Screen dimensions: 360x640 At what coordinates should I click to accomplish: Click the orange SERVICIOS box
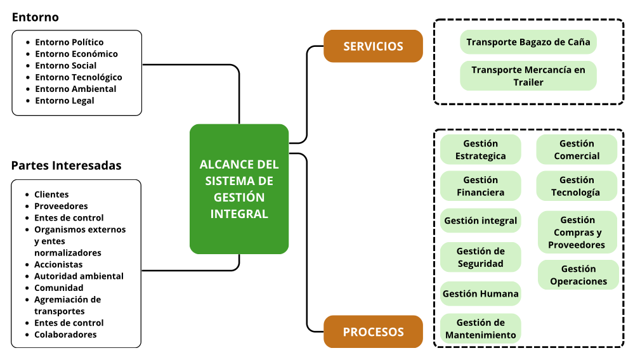373,46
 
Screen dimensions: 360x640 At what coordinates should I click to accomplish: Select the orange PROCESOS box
373,331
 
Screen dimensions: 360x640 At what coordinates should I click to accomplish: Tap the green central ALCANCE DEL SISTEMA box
239,189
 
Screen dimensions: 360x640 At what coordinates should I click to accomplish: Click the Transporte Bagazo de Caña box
528,42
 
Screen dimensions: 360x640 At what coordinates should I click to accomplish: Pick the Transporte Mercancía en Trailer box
528,75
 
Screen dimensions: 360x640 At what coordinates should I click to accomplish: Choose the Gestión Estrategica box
480,150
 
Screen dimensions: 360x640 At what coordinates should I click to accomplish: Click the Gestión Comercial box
577,150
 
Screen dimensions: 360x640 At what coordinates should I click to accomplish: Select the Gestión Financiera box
480,186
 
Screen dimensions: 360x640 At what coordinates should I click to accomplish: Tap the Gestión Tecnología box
577,186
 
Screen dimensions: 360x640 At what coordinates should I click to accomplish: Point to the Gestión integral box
480,221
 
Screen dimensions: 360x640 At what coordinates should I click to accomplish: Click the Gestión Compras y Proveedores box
577,232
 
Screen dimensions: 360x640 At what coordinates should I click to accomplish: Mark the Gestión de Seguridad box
480,257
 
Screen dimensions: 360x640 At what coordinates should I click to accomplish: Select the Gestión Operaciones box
578,275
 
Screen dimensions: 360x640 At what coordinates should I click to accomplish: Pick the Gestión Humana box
480,293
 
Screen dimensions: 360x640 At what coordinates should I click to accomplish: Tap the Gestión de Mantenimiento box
480,329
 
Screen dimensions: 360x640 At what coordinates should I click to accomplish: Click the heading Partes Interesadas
66,165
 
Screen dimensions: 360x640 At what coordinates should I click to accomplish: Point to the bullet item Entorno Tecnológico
79,77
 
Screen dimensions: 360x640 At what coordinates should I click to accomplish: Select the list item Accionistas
58,264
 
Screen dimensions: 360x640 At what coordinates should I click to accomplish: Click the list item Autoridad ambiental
79,276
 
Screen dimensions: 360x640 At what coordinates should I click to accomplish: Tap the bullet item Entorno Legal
65,101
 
